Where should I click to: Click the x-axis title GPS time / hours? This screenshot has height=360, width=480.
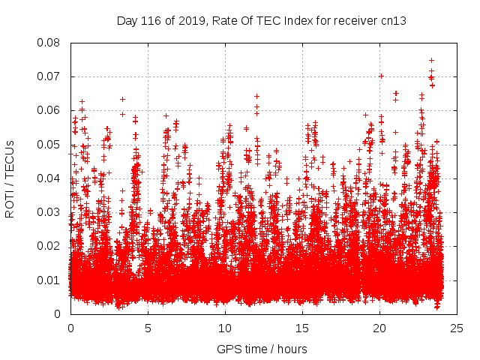[262, 349]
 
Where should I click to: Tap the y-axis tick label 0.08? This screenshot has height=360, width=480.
[49, 43]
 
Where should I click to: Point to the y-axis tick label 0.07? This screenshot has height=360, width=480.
[49, 76]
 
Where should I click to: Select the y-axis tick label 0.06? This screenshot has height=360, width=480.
[49, 110]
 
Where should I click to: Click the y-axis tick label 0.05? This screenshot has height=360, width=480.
[49, 144]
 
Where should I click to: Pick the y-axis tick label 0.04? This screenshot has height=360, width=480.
[49, 178]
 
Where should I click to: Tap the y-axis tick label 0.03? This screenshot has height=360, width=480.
[49, 212]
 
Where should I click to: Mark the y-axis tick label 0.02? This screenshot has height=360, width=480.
[49, 246]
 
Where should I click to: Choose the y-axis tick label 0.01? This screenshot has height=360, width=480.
[49, 280]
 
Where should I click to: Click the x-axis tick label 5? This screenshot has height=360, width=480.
[148, 328]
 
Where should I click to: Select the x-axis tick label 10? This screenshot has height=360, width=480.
[225, 328]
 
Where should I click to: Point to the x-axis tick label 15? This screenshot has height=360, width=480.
[302, 328]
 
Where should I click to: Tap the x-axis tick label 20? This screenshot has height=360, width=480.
[379, 328]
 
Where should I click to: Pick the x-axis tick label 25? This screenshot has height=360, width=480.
[457, 328]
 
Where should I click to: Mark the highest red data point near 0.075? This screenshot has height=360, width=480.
[431, 60]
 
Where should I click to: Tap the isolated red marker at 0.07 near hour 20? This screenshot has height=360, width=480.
[381, 76]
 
